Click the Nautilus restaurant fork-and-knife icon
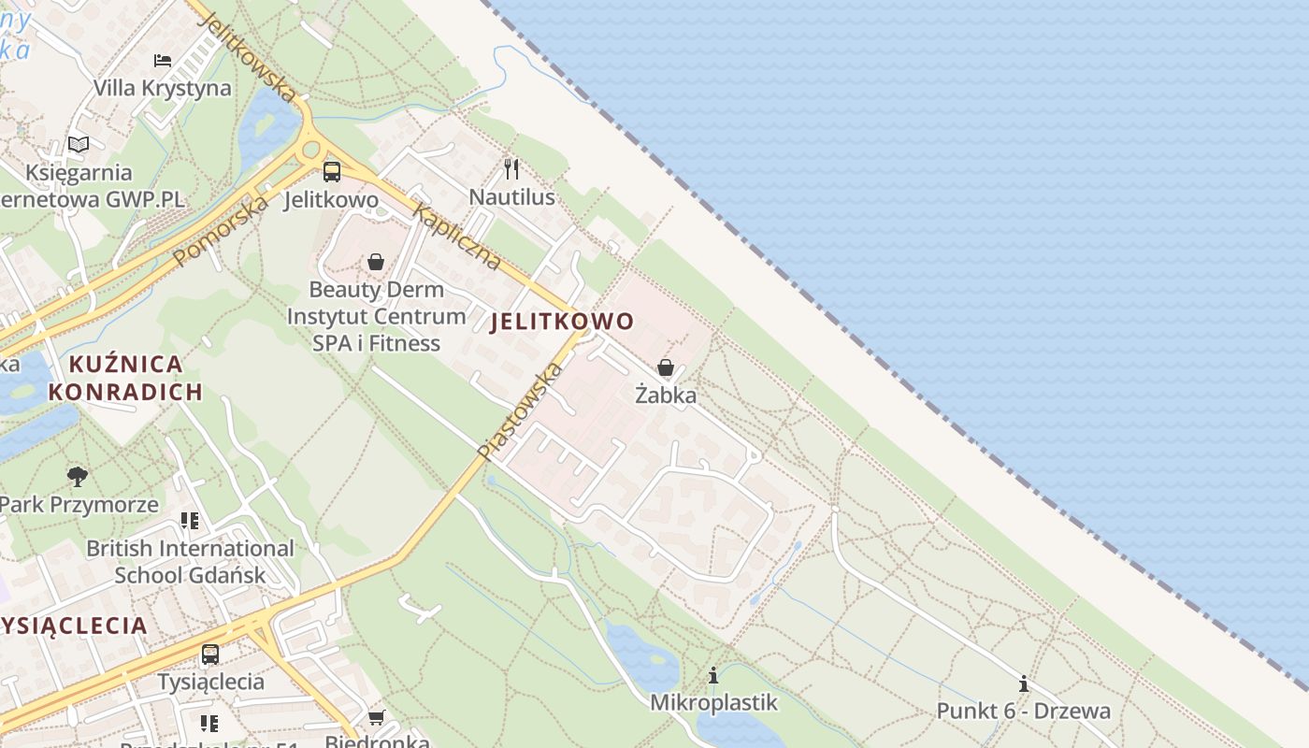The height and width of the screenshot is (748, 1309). pos(511,169)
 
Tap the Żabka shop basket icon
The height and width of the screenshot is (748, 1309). pos(666,367)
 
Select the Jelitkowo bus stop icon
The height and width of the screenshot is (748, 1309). pos(332,171)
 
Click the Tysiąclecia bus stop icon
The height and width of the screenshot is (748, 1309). pos(210,654)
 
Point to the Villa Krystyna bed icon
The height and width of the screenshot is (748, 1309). pos(163,61)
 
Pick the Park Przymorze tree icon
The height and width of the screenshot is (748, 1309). pos(78,477)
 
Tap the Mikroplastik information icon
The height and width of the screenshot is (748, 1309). pos(713,675)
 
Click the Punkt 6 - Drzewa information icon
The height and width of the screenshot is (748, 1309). pos(1024,683)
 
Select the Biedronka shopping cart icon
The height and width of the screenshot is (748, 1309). pos(376,717)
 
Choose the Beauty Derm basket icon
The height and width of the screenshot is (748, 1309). pos(376,262)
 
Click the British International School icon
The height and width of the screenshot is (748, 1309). pos(190,521)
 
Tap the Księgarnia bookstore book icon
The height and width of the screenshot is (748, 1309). pos(79,145)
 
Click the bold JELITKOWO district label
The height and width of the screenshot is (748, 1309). pos(562,322)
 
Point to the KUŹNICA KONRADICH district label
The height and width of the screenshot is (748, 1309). pos(126,378)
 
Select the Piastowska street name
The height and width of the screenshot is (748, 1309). pos(520,411)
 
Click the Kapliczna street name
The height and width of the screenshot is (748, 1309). pos(456,237)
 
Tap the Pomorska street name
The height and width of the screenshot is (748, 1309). pos(220,229)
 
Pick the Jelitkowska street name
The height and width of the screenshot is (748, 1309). pos(248,57)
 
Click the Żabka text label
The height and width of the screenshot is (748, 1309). pos(666,395)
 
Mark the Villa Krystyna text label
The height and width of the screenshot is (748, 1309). pos(163,88)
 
